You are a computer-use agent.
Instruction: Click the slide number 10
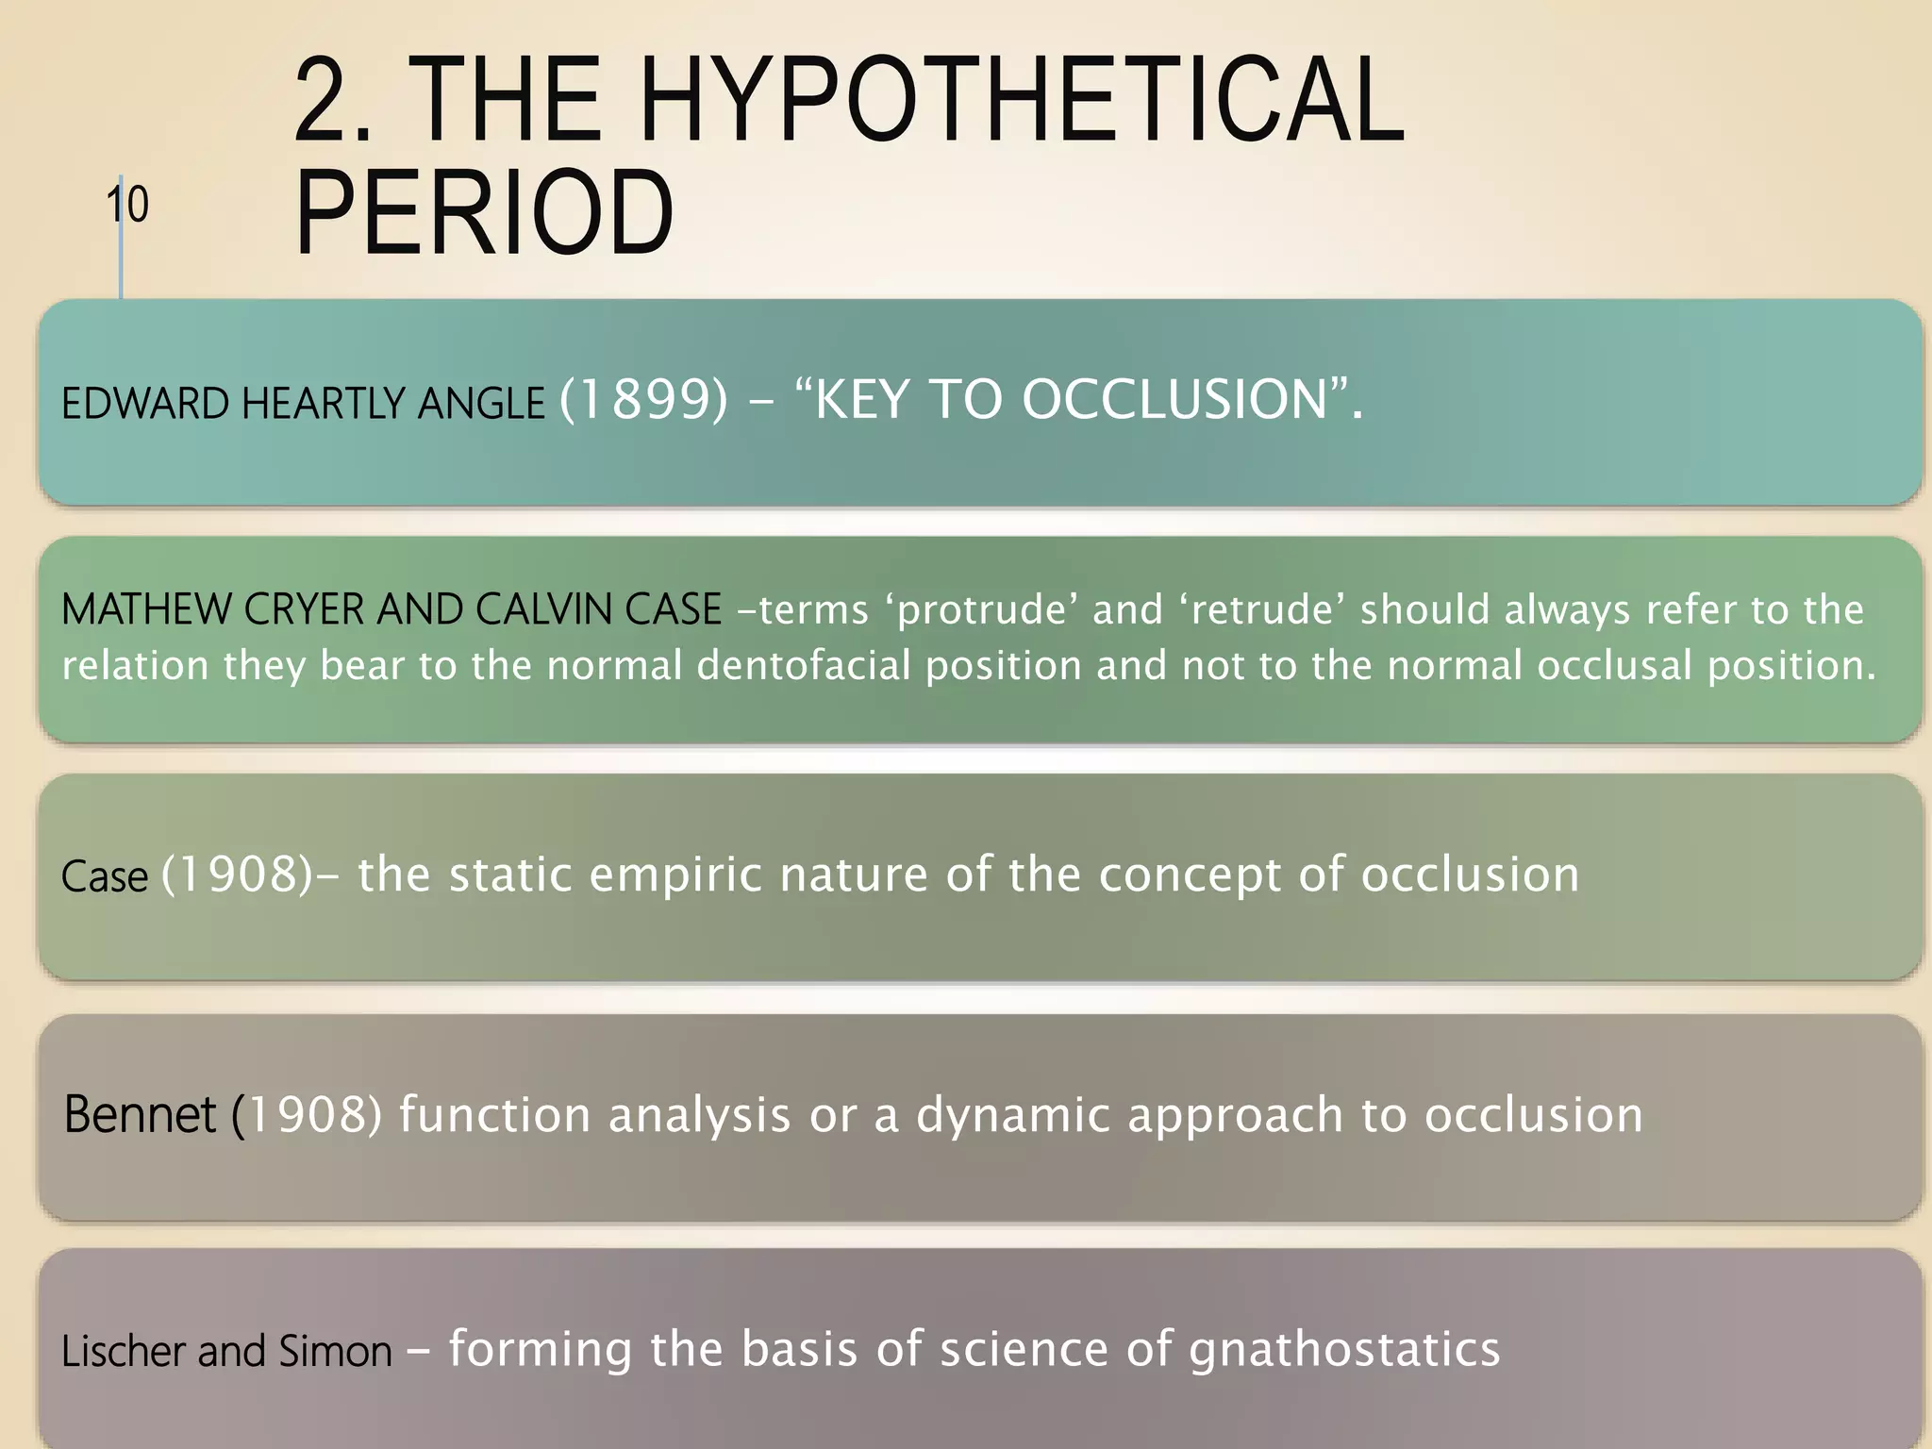point(126,205)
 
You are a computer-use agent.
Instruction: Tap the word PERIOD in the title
point(484,214)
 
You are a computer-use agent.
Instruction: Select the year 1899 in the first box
point(644,399)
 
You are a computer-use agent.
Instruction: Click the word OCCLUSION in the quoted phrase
point(1174,399)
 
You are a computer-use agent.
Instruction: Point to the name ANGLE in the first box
point(481,404)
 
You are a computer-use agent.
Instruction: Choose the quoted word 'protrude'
point(980,610)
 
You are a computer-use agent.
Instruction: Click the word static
point(510,874)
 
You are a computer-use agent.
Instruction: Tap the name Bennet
point(140,1115)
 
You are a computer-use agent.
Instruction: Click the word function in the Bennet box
point(494,1115)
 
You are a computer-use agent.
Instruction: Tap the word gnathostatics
point(1344,1350)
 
